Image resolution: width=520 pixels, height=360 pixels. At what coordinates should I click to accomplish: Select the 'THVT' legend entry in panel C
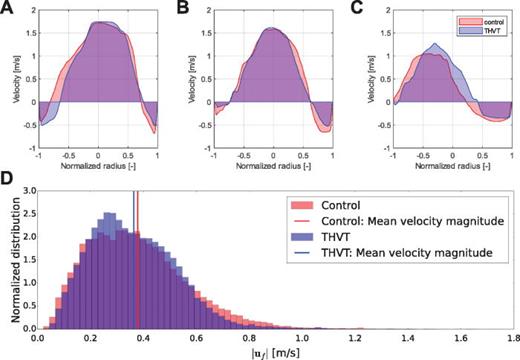(486, 29)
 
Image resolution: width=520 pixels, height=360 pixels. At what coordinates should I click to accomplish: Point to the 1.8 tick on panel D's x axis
(512, 338)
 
